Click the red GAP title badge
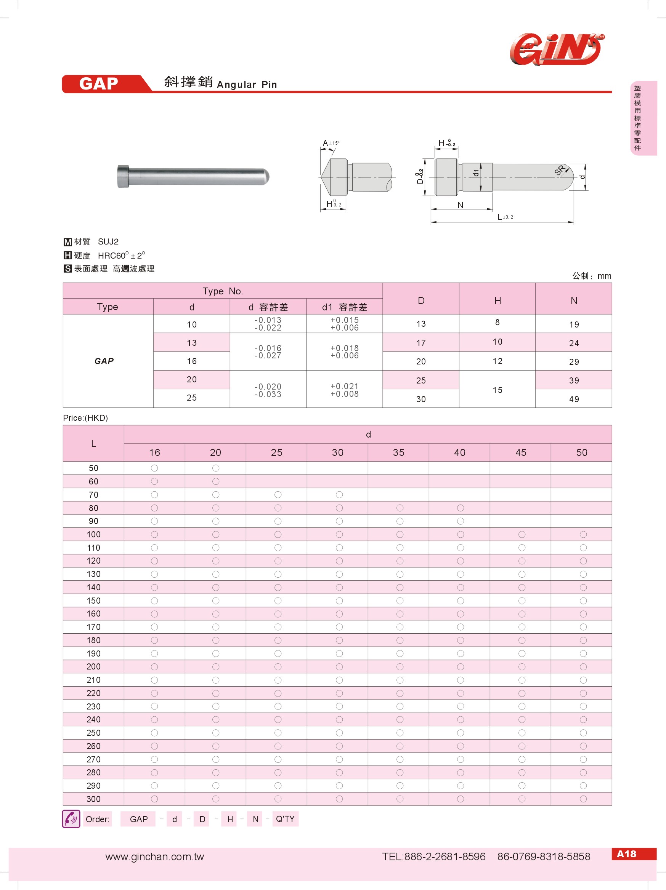(x=99, y=84)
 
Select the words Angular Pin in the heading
(x=246, y=85)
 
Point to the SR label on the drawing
(x=560, y=170)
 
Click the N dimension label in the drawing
(x=460, y=205)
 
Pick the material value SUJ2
(x=108, y=241)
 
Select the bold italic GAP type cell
(x=104, y=361)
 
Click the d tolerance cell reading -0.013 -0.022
(x=268, y=324)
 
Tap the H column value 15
(x=497, y=390)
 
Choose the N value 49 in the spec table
(x=574, y=399)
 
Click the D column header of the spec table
(x=421, y=300)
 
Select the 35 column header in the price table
(x=399, y=453)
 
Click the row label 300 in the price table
(x=93, y=799)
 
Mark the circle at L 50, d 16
(x=154, y=468)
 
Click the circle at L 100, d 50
(x=583, y=534)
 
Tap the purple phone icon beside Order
(x=71, y=819)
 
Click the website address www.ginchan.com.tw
(x=155, y=856)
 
